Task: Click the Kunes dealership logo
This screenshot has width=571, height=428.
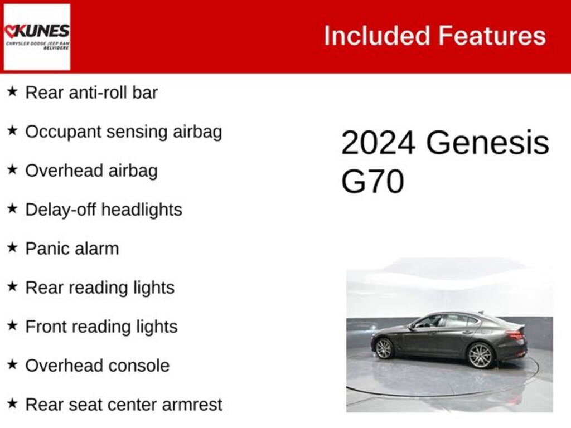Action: [37, 37]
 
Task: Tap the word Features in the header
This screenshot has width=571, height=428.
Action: [492, 36]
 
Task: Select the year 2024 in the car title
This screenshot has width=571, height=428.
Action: [378, 143]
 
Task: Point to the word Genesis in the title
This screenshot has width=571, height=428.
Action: [488, 143]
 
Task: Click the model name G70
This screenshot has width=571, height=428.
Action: [372, 182]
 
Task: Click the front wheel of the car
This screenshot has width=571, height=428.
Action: [384, 348]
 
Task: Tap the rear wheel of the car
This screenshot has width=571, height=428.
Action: [480, 355]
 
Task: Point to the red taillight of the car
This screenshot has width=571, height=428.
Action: [515, 334]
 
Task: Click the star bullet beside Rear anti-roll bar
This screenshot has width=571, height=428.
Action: [12, 92]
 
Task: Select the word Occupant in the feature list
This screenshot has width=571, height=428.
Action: [63, 132]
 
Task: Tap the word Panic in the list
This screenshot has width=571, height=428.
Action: [46, 249]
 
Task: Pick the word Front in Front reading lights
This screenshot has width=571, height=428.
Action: [45, 327]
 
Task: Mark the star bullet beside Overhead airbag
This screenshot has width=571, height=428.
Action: [12, 170]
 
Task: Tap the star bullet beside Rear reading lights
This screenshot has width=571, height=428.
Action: [12, 287]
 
